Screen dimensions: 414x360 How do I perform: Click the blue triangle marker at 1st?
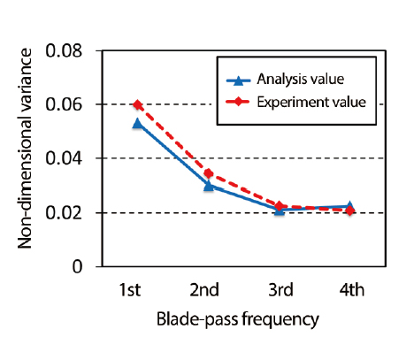[x=137, y=123]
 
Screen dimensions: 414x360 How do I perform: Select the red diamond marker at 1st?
[x=137, y=104]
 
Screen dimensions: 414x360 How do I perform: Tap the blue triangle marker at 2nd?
[x=209, y=186]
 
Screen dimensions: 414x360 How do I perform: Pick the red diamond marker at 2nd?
[x=209, y=173]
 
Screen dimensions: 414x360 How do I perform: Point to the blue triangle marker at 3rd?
[x=280, y=210]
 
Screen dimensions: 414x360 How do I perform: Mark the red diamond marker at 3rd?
[x=280, y=206]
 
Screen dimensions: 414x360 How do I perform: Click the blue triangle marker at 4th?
[x=349, y=206]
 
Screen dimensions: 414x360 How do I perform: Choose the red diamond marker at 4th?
[x=350, y=211]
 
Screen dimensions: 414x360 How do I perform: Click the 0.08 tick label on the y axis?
[x=64, y=51]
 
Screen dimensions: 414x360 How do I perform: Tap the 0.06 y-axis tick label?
[x=64, y=105]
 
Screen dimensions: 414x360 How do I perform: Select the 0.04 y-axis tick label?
[x=64, y=158]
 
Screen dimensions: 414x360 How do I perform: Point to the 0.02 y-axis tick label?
[x=64, y=213]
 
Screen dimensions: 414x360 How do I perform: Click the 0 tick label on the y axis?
[x=77, y=267]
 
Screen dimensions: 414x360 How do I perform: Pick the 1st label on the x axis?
[x=130, y=290]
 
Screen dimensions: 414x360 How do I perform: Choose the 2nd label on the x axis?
[x=204, y=290]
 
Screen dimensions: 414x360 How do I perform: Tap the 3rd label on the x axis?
[x=281, y=290]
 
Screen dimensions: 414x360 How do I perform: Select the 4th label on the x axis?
[x=352, y=290]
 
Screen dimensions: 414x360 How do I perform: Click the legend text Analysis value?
[x=301, y=79]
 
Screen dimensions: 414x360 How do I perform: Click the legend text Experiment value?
[x=311, y=103]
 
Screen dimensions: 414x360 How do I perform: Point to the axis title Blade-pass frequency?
[x=238, y=319]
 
